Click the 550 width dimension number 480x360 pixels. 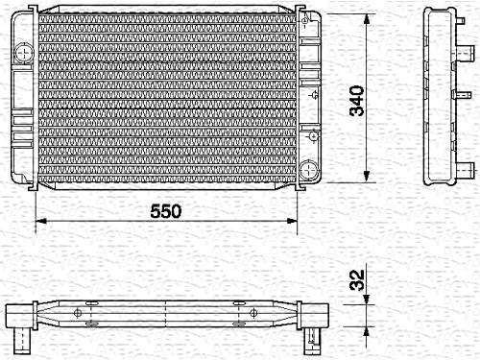pos(166,211)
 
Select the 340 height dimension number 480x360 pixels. pos(357,101)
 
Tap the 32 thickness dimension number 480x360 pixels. pos(357,280)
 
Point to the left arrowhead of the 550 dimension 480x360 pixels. pos(40,221)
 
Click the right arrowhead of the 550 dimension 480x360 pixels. pos(292,221)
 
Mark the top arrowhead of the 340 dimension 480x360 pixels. pos(367,20)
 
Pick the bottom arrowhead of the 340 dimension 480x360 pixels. pos(367,177)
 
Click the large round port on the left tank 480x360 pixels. pos(24,52)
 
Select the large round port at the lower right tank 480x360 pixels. pos(309,169)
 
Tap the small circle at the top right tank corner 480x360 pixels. pos(304,21)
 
